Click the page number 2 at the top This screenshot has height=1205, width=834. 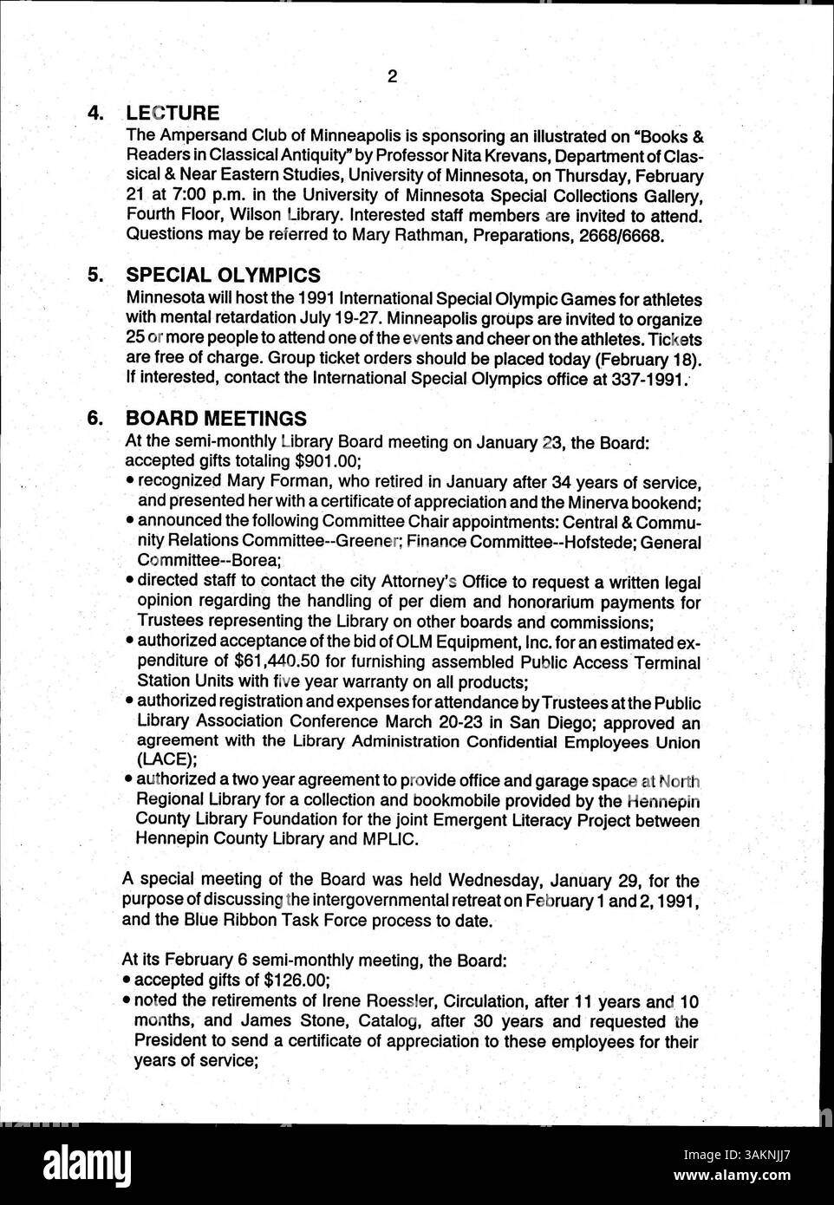coord(392,76)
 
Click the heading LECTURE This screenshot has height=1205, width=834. coord(173,113)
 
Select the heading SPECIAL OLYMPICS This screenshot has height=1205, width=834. coord(223,276)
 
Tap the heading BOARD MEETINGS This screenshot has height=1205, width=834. coord(216,419)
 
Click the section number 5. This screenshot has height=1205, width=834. coord(96,276)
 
